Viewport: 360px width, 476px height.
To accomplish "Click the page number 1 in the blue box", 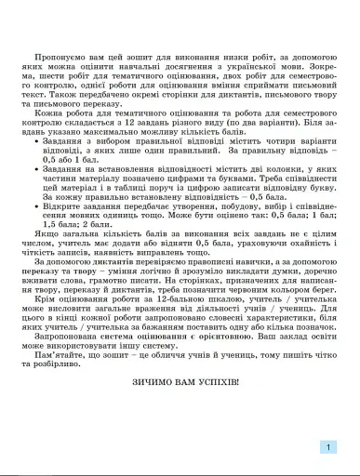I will click(x=328, y=447).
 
